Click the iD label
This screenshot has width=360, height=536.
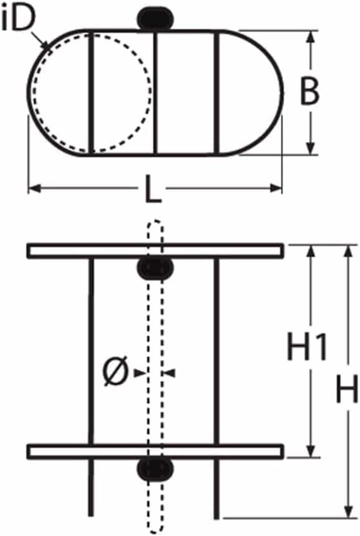[x=18, y=19]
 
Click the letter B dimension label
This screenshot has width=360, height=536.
[x=309, y=92]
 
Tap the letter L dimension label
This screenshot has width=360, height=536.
[x=153, y=189]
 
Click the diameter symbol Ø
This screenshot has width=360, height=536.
[x=115, y=371]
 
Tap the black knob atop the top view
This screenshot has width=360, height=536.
[x=154, y=19]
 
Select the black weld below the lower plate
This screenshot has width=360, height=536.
[x=155, y=470]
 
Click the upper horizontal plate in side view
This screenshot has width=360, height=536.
[x=155, y=250]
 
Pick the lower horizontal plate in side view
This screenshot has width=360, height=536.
[x=155, y=451]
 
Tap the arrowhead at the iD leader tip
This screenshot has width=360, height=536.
[x=46, y=45]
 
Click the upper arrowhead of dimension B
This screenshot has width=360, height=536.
[x=310, y=37]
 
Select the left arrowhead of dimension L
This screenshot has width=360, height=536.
[x=34, y=188]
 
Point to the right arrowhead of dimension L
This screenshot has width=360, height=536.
[x=276, y=188]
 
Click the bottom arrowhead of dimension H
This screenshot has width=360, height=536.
[x=348, y=511]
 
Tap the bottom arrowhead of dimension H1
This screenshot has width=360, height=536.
[x=310, y=450]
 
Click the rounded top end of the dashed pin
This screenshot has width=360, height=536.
[x=155, y=224]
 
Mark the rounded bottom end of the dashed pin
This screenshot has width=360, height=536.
[x=155, y=528]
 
